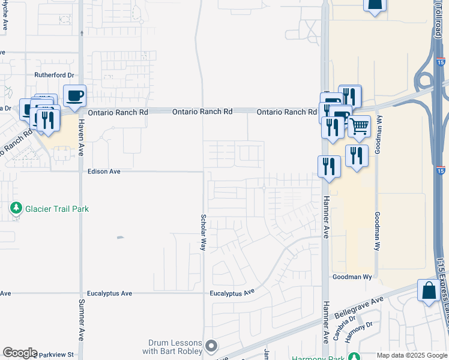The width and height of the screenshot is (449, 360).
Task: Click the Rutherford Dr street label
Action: (x=54, y=75)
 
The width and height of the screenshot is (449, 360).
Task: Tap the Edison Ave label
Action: (x=104, y=172)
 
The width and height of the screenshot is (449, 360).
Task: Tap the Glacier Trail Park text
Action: (x=57, y=209)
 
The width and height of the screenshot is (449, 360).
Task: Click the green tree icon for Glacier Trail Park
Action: (x=16, y=209)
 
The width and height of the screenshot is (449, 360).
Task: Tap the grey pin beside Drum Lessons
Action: (x=211, y=346)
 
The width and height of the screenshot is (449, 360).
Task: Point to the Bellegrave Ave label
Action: (x=360, y=309)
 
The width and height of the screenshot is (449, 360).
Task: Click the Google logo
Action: (x=20, y=353)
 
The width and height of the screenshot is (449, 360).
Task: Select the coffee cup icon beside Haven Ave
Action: (x=75, y=96)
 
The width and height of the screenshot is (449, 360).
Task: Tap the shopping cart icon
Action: (x=359, y=127)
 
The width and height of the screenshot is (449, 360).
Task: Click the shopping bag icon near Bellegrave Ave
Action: (x=429, y=291)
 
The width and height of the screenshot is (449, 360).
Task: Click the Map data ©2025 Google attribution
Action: (x=412, y=355)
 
